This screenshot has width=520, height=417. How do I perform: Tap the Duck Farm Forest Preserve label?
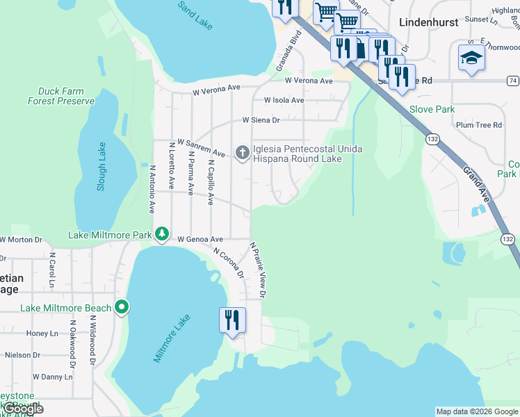point(61,96)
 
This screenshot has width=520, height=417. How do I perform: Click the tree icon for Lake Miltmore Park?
point(161,234)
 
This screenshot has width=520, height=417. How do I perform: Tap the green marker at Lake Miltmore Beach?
point(122,306)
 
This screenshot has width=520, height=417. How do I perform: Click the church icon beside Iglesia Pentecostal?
point(242,152)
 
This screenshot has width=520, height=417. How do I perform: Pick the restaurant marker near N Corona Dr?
point(232,320)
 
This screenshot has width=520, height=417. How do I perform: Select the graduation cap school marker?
point(471,58)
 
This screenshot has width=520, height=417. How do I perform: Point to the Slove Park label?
point(432,109)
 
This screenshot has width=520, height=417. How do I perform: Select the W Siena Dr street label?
point(261,120)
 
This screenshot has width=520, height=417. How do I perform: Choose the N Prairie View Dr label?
point(259,270)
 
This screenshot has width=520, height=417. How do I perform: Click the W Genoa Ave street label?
point(200,239)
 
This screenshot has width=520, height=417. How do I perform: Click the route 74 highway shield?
point(512,81)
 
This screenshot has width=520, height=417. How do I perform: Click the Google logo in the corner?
point(22,409)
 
